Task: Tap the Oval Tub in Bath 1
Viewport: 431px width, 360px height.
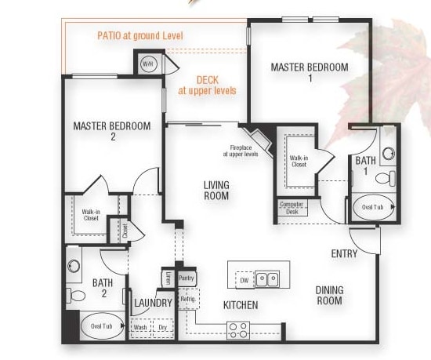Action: (374, 207)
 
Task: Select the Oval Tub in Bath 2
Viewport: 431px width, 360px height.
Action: (102, 326)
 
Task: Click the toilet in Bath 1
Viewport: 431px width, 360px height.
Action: (386, 178)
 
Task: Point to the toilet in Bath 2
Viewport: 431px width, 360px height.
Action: (75, 296)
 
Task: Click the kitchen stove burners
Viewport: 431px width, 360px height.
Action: (238, 330)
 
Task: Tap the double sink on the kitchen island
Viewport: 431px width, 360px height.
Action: (267, 279)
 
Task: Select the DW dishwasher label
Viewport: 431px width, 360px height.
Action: (244, 280)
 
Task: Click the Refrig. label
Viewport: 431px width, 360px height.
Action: (188, 299)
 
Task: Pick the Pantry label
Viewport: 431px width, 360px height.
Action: (187, 278)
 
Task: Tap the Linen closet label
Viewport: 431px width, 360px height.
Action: (168, 278)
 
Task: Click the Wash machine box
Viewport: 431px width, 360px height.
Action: (140, 328)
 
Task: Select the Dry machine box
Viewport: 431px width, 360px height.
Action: (163, 328)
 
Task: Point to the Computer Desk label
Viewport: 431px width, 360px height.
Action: (292, 208)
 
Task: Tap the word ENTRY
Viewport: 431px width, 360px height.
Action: (345, 253)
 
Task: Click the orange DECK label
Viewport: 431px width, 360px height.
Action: (208, 80)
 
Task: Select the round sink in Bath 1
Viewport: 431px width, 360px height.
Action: (389, 154)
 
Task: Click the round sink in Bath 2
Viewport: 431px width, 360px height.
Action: (74, 266)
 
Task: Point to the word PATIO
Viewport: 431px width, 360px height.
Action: (109, 36)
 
